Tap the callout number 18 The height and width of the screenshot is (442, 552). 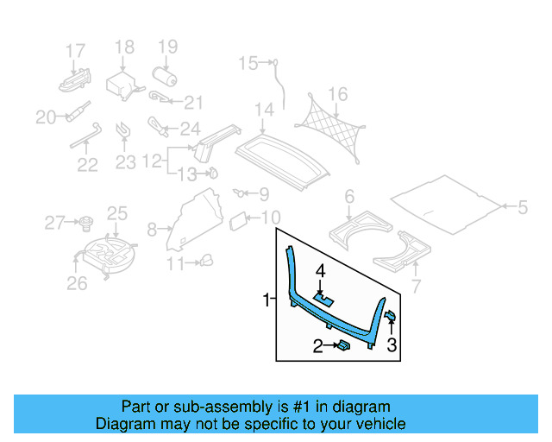[125, 47]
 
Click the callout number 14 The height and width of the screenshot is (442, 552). [263, 110]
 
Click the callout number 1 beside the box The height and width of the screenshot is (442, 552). [267, 300]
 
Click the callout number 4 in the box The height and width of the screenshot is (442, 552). [320, 271]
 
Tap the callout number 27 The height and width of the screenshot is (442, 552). [54, 224]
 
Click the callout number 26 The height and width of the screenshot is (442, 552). [77, 283]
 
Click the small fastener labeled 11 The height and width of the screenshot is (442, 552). [205, 261]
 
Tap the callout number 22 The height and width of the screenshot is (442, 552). [86, 164]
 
